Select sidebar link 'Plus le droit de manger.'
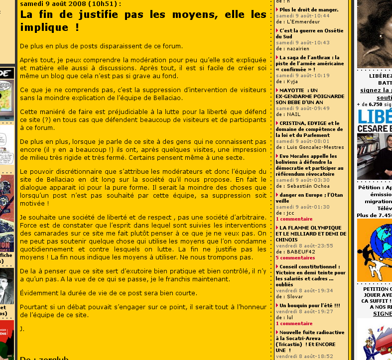(309, 9)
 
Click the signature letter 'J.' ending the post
(22, 329)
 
